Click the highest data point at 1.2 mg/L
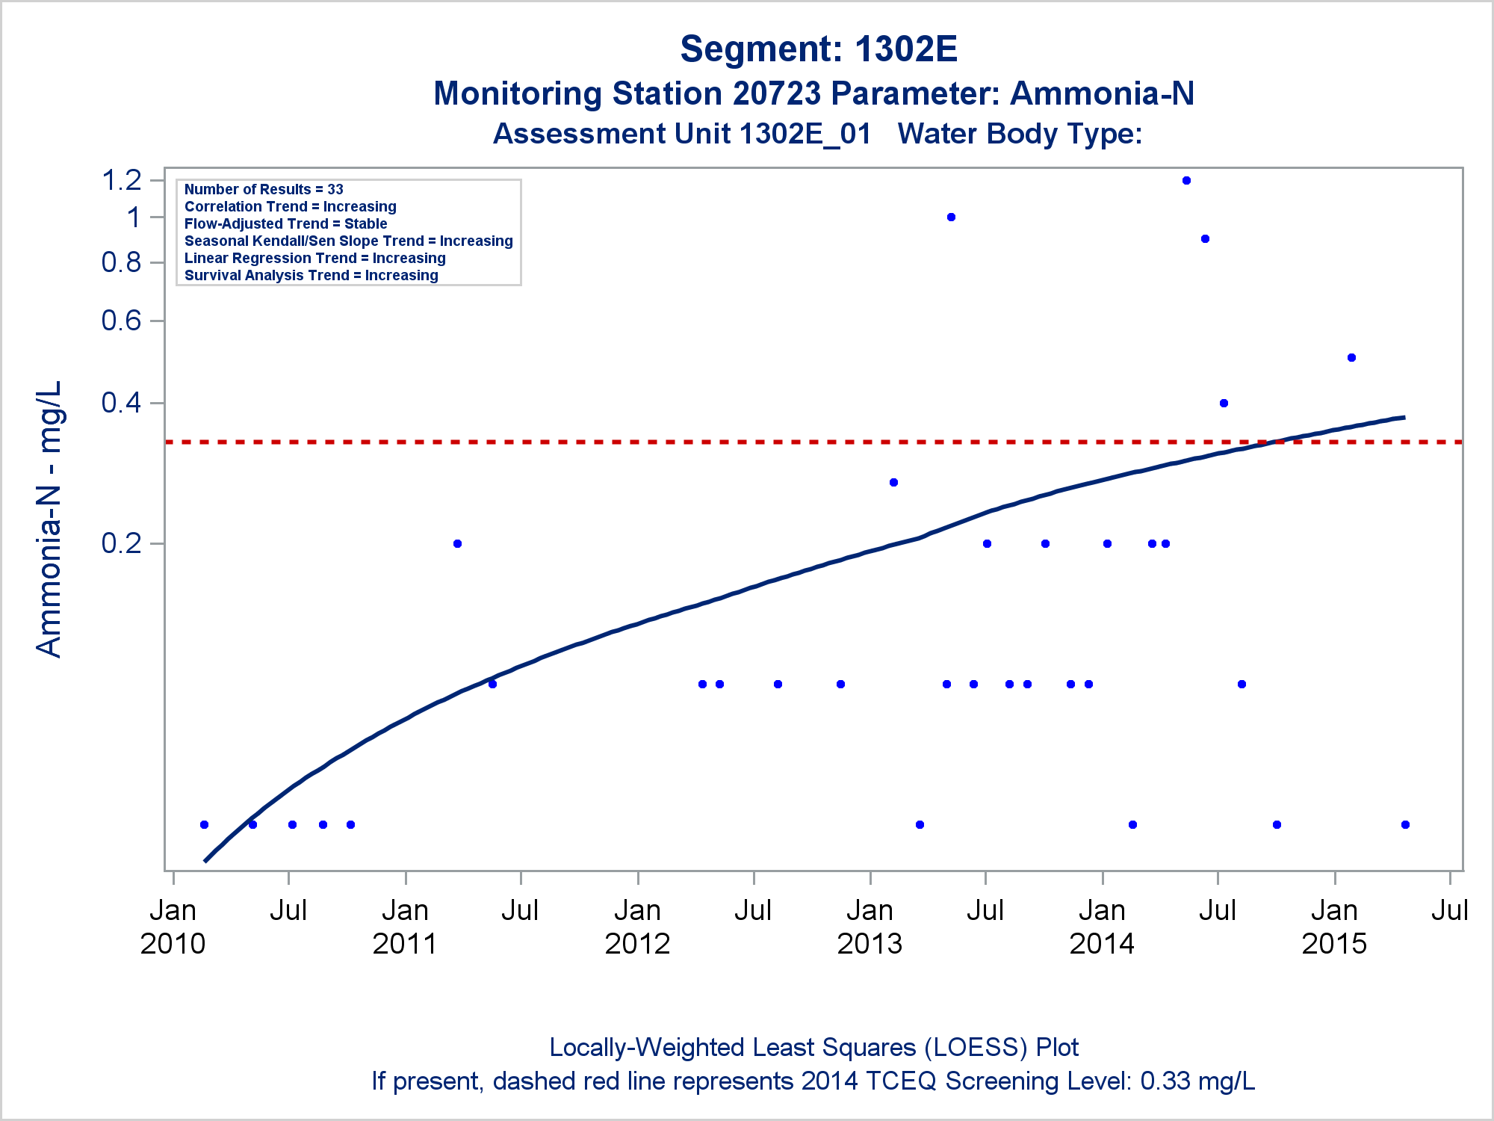1186,180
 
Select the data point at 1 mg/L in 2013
951,217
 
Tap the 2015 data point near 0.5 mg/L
1351,358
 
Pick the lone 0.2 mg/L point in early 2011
457,543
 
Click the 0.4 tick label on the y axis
121,403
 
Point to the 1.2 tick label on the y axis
121,180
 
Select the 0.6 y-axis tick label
121,321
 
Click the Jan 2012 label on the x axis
637,927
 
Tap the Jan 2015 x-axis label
1334,927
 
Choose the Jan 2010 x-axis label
173,927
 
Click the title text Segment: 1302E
818,49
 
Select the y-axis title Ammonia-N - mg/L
49,519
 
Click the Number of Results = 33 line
264,190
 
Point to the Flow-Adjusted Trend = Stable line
285,224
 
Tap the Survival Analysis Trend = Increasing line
311,276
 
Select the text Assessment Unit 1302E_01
681,135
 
